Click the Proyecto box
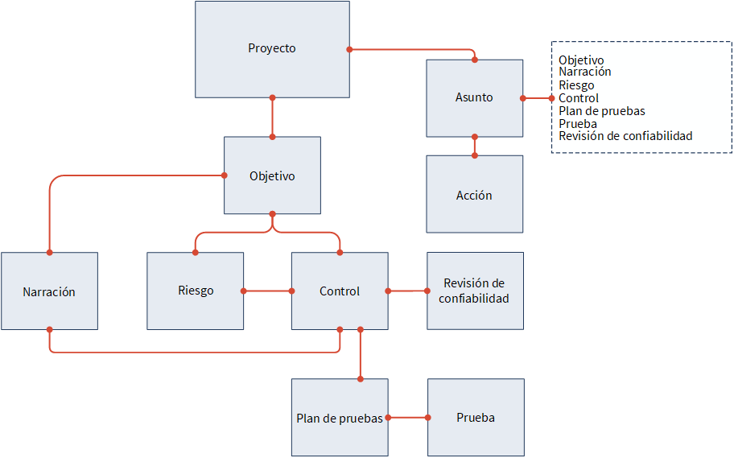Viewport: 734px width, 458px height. point(272,49)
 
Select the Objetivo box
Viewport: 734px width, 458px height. point(272,175)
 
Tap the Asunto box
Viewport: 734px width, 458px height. point(474,98)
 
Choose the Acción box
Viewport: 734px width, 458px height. point(474,194)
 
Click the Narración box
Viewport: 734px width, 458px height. point(49,291)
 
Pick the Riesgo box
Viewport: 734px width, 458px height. point(196,291)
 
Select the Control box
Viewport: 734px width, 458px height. point(340,291)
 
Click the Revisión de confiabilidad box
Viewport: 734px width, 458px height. point(475,291)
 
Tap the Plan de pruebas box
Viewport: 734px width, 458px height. point(340,417)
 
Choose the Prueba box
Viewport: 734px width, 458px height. point(476,417)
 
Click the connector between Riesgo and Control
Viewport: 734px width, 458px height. point(267,291)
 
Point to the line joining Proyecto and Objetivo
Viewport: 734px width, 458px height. point(272,117)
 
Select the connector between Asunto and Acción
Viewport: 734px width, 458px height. point(474,146)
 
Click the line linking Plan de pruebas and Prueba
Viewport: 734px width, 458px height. point(408,417)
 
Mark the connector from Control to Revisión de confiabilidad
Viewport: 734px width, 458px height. point(407,291)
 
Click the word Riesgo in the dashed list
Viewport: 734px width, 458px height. point(576,85)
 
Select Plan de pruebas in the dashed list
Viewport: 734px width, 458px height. point(601,111)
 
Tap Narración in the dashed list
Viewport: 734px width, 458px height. point(584,72)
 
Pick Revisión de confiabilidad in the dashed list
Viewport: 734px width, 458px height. point(625,136)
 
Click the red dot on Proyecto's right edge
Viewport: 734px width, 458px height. point(349,49)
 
